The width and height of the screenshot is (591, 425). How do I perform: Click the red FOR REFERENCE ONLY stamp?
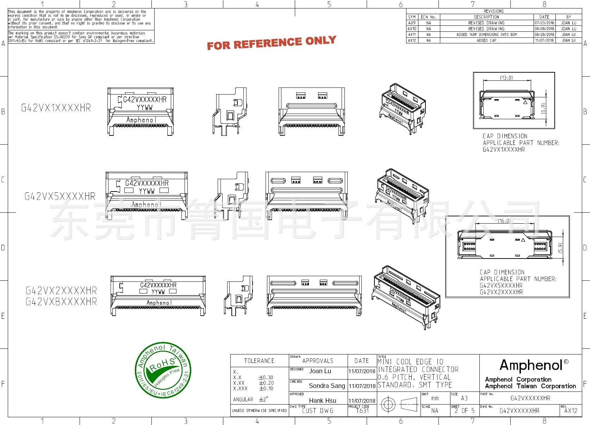click(271, 43)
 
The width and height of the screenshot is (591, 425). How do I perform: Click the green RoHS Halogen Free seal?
click(163, 370)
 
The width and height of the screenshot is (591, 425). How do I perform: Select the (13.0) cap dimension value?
click(506, 78)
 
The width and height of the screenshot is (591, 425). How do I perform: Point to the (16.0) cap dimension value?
click(504, 221)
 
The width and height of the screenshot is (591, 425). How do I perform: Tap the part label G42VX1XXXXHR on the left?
click(56, 108)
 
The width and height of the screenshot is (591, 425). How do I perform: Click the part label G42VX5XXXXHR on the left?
click(60, 196)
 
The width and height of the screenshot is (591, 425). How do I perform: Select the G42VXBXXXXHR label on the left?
click(61, 302)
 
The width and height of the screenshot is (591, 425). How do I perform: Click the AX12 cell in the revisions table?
click(412, 41)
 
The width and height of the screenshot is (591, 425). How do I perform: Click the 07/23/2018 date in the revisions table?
click(544, 23)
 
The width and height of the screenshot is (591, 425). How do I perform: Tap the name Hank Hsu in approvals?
click(322, 401)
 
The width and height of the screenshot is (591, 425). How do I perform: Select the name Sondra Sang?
click(326, 386)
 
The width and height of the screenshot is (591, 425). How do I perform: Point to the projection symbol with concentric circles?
click(388, 404)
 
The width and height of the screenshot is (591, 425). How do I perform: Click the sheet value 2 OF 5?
click(465, 411)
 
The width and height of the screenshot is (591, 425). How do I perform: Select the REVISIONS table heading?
click(493, 11)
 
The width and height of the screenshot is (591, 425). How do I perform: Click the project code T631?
click(362, 411)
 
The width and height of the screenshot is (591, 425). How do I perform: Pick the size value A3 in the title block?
click(464, 398)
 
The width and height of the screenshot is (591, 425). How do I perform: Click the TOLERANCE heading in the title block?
click(259, 361)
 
